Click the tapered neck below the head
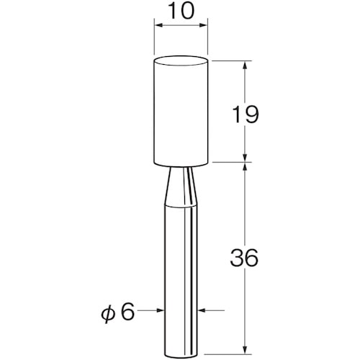coord(181,184)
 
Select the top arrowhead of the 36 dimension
coord(246,168)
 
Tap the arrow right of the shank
coord(201,311)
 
